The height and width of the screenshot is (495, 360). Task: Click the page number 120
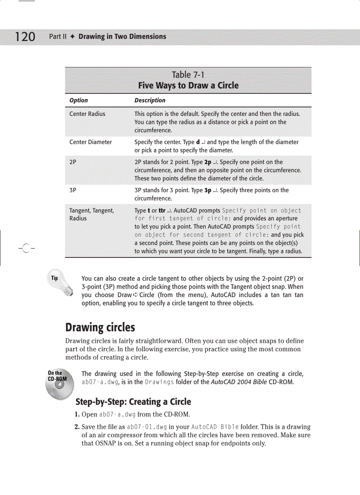pyautogui.click(x=25, y=36)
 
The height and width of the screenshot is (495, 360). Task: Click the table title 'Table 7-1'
pyautogui.click(x=188, y=75)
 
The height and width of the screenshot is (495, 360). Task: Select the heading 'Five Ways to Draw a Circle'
pyautogui.click(x=188, y=86)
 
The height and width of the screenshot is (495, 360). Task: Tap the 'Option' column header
pyautogui.click(x=79, y=100)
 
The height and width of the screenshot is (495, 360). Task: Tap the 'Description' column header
pyautogui.click(x=150, y=100)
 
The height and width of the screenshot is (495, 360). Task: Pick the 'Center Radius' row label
pyautogui.click(x=87, y=114)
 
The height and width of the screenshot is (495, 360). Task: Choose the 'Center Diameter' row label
pyautogui.click(x=90, y=142)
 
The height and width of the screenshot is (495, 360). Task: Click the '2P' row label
pyautogui.click(x=73, y=162)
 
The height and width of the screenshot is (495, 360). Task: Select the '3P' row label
pyautogui.click(x=73, y=190)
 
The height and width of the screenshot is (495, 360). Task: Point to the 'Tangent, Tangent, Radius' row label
pyautogui.click(x=91, y=214)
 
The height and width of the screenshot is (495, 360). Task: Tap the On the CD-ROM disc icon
pyautogui.click(x=57, y=384)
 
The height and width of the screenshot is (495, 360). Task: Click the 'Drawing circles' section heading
pyautogui.click(x=100, y=328)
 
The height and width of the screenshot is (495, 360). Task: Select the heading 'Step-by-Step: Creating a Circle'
pyautogui.click(x=133, y=402)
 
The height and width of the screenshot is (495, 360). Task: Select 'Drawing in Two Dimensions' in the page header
pyautogui.click(x=122, y=37)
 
